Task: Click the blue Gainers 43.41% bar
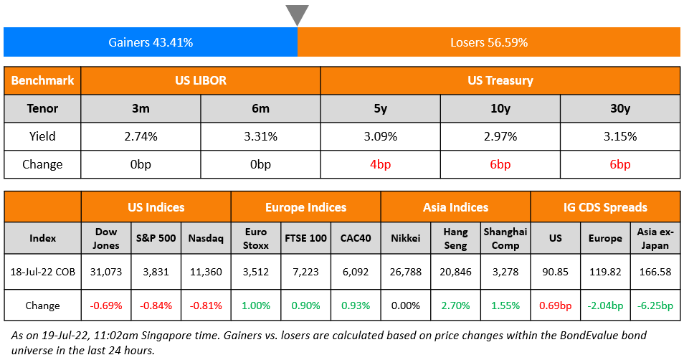coord(151,42)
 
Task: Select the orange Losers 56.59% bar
coord(489,42)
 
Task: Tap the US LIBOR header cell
coord(201,80)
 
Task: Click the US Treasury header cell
coord(500,80)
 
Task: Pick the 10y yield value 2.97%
coord(500,136)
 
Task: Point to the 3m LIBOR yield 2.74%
coord(141,136)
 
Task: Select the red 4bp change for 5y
coord(380,164)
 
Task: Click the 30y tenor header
coord(619,108)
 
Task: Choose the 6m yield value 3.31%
coord(260,136)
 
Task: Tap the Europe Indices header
coord(305,207)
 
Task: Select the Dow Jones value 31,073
coord(106,272)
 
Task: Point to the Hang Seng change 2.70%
coord(455,305)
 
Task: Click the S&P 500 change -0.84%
coord(156,305)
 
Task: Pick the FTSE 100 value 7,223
coord(305,272)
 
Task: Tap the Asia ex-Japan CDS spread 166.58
coord(655,272)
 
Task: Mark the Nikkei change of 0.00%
coord(406,305)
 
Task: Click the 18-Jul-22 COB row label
coord(42,272)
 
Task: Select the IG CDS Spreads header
coord(605,207)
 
